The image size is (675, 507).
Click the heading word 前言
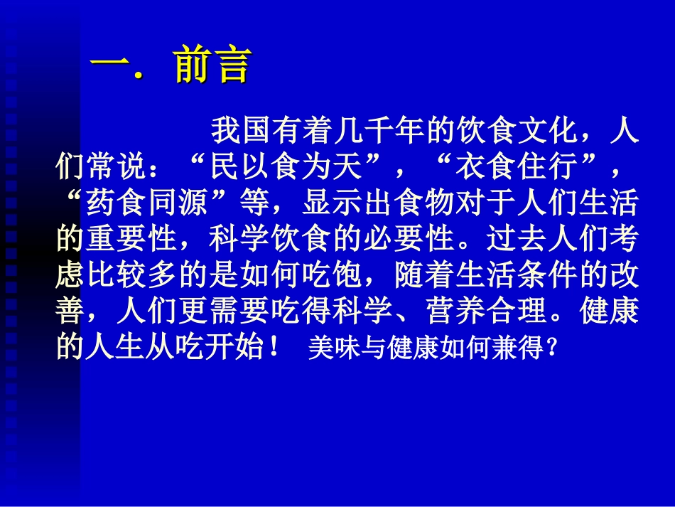pyautogui.click(x=212, y=66)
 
